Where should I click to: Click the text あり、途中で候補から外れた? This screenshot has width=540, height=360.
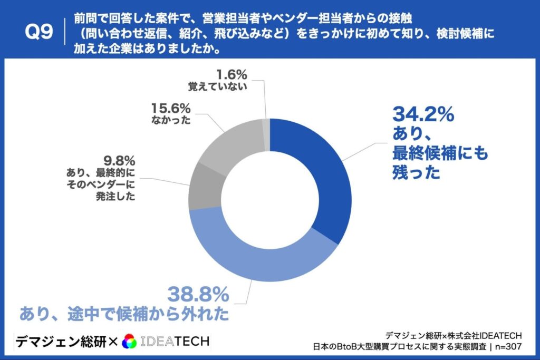coord(124,314)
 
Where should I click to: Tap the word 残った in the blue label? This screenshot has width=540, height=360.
coord(416,172)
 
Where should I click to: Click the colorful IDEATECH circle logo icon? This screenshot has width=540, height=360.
coord(129,342)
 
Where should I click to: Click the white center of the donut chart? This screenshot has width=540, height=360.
coord(270,200)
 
